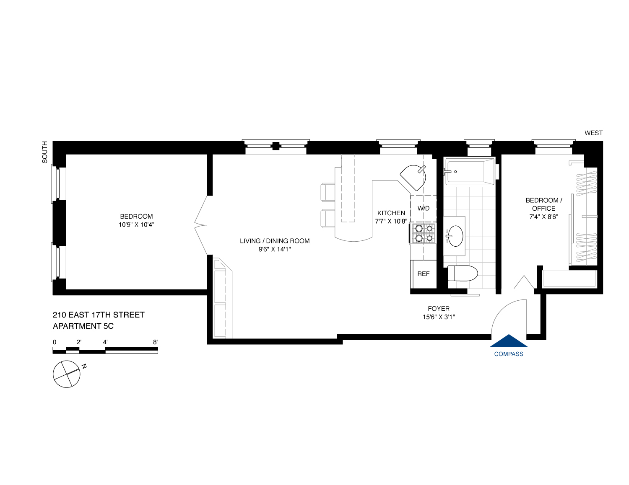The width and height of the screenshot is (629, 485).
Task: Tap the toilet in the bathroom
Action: pos(462,273)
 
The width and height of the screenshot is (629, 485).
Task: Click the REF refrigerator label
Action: pos(423,274)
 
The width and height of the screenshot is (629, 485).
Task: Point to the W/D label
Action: pos(424,208)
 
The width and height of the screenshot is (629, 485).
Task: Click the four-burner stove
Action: pos(424,233)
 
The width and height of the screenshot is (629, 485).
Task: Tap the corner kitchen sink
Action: pos(413,177)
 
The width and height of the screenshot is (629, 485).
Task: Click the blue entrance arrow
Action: pos(509,341)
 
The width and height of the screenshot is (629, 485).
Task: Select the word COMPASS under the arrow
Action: pos(509,354)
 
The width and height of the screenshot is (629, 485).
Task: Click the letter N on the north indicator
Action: pos(84,366)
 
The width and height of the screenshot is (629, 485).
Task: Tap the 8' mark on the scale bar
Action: pos(156,342)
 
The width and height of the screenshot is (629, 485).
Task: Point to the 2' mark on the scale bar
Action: pos(79,342)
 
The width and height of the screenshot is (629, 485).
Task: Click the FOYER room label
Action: pos(439,309)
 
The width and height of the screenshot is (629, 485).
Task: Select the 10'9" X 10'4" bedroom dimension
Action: pos(136,224)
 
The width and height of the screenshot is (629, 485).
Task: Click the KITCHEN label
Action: pos(391,213)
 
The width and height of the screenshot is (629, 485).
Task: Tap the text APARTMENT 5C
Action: pos(83,326)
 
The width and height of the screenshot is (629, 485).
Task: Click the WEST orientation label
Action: pos(593,133)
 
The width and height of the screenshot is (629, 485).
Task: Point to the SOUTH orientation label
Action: pos(45,152)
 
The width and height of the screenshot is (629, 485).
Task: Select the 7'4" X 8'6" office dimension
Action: pos(543,217)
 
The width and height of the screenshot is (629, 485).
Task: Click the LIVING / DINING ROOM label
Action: pos(275,241)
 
